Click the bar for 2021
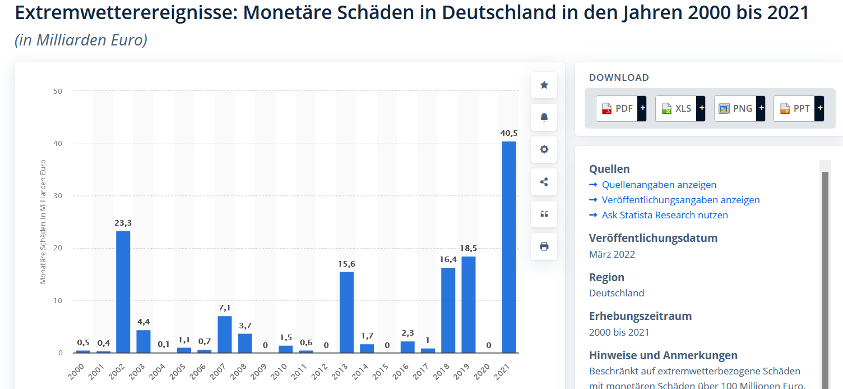pyautogui.click(x=509, y=247)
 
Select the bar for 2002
pyautogui.click(x=123, y=292)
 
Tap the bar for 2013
pyautogui.click(x=346, y=312)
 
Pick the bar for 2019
pyautogui.click(x=468, y=304)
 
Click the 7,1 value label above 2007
pyautogui.click(x=225, y=308)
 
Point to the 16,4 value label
pyautogui.click(x=448, y=259)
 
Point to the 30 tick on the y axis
pyautogui.click(x=58, y=196)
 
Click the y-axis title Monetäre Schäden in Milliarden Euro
pyautogui.click(x=43, y=222)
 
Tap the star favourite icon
pyautogui.click(x=544, y=85)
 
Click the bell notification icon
pyautogui.click(x=544, y=117)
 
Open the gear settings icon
pyautogui.click(x=544, y=150)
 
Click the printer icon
pyautogui.click(x=544, y=246)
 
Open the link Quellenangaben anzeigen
pyautogui.click(x=659, y=185)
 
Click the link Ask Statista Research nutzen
pyautogui.click(x=665, y=215)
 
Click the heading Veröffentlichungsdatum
pyautogui.click(x=653, y=238)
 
